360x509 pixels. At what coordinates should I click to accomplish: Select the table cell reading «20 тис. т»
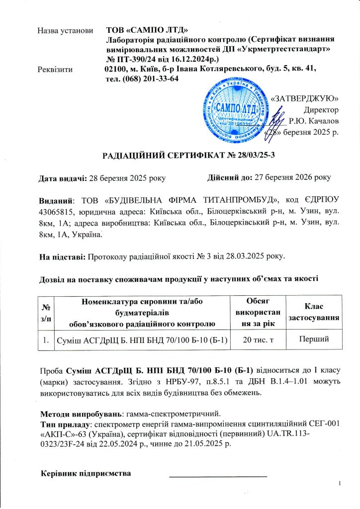point(254,339)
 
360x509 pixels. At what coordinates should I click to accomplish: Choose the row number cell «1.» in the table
point(46,339)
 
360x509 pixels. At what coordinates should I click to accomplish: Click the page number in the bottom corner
point(338,484)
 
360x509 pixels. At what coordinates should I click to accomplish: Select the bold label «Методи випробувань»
point(81,414)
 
